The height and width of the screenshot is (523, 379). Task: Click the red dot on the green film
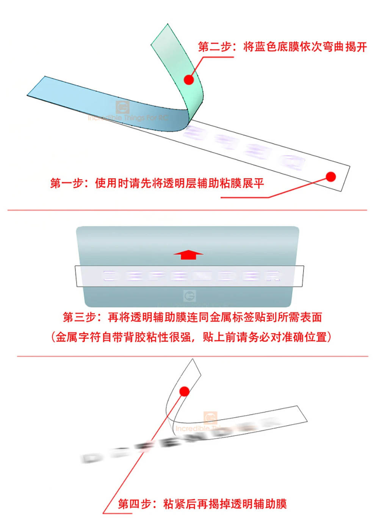pyautogui.click(x=189, y=79)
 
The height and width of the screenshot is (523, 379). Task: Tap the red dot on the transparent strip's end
pyautogui.click(x=331, y=176)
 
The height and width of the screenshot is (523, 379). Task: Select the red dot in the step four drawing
pyautogui.click(x=185, y=391)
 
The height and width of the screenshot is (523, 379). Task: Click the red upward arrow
pyautogui.click(x=188, y=254)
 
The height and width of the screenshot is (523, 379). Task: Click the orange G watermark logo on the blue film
pyautogui.click(x=122, y=107)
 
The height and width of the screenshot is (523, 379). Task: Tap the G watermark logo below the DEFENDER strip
pyautogui.click(x=189, y=296)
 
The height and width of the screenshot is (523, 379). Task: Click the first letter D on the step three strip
pyautogui.click(x=110, y=276)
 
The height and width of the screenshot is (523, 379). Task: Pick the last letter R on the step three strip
pyautogui.click(x=273, y=276)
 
